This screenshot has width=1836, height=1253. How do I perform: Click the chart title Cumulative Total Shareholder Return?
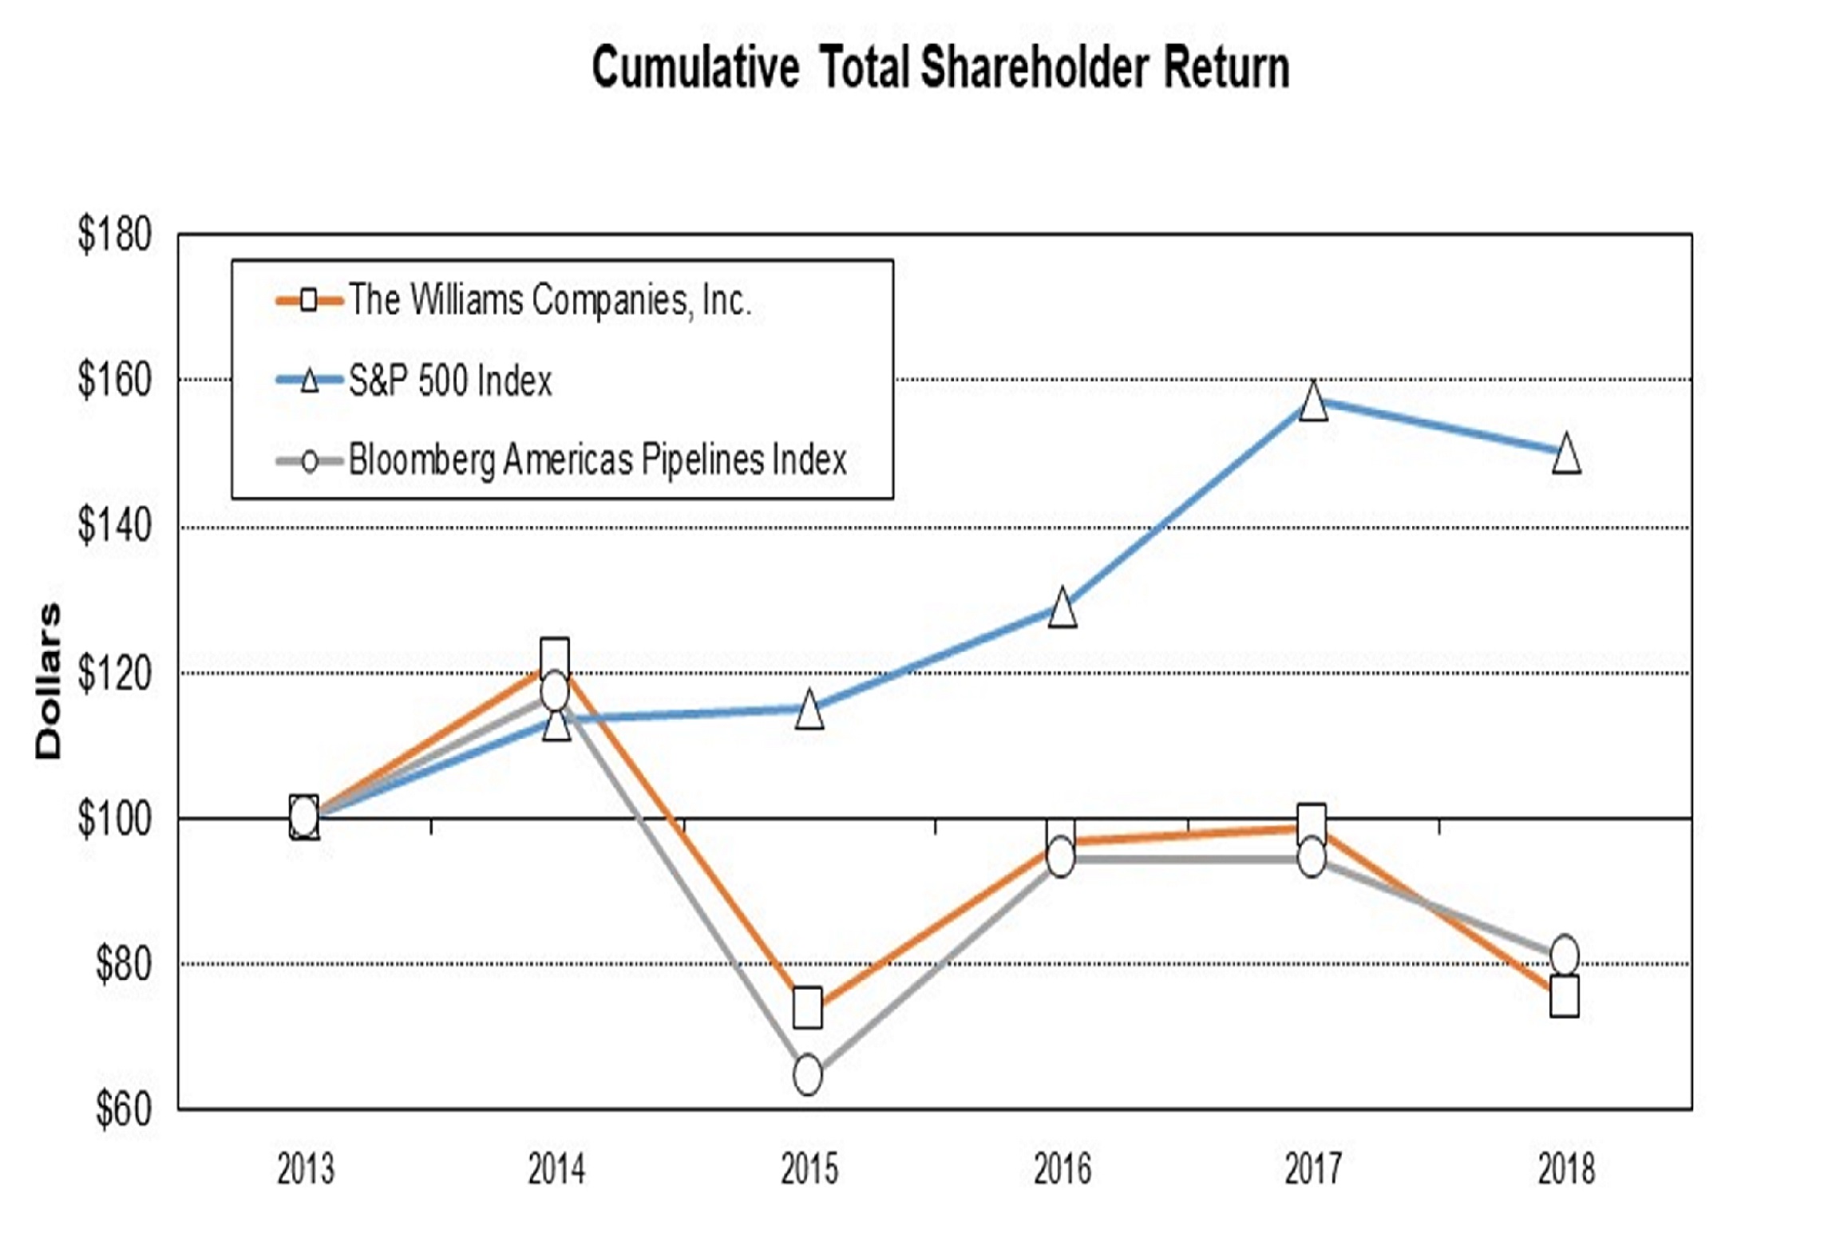point(940,68)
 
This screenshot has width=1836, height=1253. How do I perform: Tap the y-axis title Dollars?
point(48,681)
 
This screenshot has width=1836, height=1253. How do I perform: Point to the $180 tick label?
point(114,235)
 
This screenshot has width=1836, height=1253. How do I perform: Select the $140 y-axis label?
point(114,527)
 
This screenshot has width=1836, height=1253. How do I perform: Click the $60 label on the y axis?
point(123,1109)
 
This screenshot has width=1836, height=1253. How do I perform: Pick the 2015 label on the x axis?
point(809,1170)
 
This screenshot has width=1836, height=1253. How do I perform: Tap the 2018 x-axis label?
point(1565,1170)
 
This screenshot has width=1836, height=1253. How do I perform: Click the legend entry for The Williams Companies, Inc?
point(550,301)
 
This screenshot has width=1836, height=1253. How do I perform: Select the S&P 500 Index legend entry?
point(449,381)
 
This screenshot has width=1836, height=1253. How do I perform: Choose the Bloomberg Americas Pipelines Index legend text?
point(597,460)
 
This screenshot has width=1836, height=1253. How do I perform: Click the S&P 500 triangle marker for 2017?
point(1313,402)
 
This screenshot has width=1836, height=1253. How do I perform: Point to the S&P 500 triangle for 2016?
point(1062,610)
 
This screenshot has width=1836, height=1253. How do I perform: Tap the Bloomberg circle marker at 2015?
point(808,1076)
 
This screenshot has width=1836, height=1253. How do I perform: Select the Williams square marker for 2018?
point(1565,997)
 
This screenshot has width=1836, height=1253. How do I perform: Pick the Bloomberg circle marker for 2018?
point(1565,955)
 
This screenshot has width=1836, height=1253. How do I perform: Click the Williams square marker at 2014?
point(555,656)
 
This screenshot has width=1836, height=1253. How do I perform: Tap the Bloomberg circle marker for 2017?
point(1312,859)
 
